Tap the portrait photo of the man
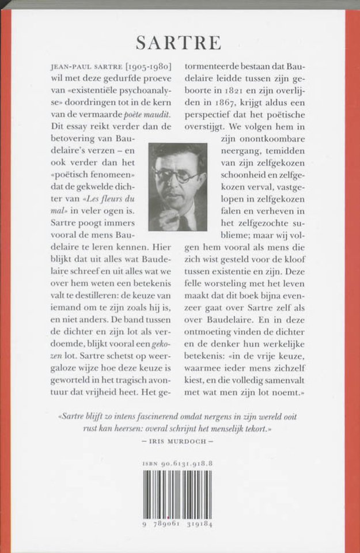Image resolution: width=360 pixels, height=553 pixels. pyautogui.click(x=177, y=187)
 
